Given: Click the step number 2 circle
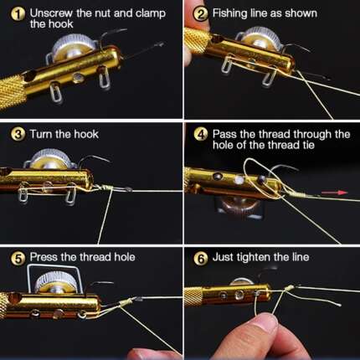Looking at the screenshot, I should point(201,14).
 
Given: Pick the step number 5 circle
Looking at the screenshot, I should point(17,257).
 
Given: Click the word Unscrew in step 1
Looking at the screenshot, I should point(49,14).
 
